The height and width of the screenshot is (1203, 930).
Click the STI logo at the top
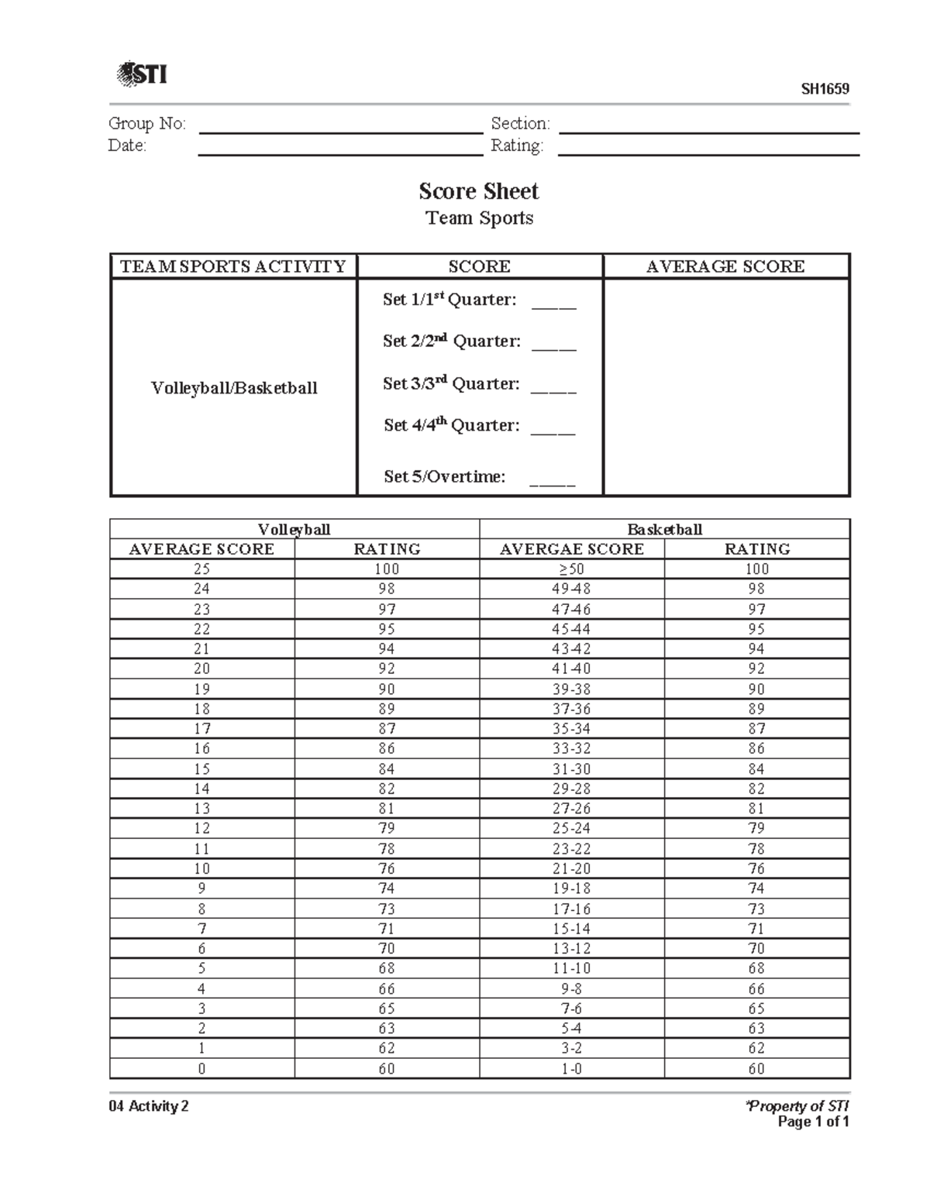[141, 74]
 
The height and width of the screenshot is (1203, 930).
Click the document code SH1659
[825, 89]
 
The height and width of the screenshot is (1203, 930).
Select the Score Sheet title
[478, 191]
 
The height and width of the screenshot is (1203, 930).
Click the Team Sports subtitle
[479, 218]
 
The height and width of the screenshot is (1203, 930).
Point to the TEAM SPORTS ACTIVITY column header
[232, 266]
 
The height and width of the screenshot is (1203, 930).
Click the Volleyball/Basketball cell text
[234, 388]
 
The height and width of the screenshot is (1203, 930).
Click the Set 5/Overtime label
[444, 476]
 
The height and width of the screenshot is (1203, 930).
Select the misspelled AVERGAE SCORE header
[571, 549]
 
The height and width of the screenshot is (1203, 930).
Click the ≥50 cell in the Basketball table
[571, 569]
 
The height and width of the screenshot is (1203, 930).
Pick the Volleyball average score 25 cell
[201, 569]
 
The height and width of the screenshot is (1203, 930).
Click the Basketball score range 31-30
[571, 769]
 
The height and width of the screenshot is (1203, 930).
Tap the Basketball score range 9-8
[571, 989]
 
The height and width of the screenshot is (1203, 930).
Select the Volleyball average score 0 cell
[201, 1069]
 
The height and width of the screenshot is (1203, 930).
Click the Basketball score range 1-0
[571, 1069]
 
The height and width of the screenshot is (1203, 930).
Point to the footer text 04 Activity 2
[149, 1106]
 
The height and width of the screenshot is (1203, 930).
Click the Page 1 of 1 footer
[813, 1122]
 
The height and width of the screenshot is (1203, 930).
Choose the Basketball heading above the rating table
[664, 529]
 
